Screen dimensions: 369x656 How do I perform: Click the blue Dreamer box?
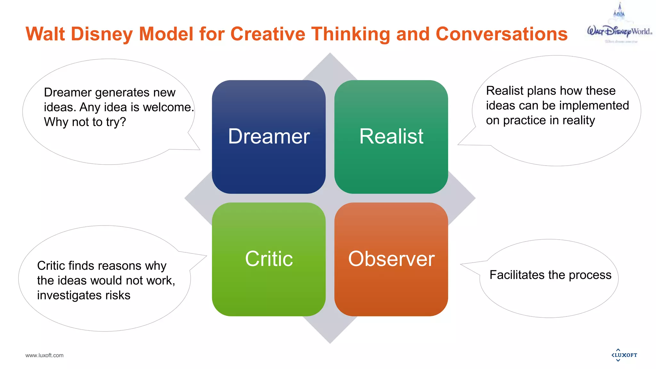click(x=269, y=137)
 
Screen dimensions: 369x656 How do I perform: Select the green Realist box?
click(x=391, y=137)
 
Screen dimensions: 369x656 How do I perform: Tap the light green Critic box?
click(x=269, y=259)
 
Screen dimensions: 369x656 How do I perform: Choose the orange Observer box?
click(x=391, y=259)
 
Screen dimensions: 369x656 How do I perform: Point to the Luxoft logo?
click(x=624, y=355)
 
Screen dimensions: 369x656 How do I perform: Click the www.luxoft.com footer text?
click(x=45, y=355)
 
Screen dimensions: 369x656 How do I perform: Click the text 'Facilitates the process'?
click(x=550, y=275)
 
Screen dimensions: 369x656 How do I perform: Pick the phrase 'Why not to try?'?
click(x=85, y=122)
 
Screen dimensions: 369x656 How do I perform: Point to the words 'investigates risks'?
click(x=84, y=295)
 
